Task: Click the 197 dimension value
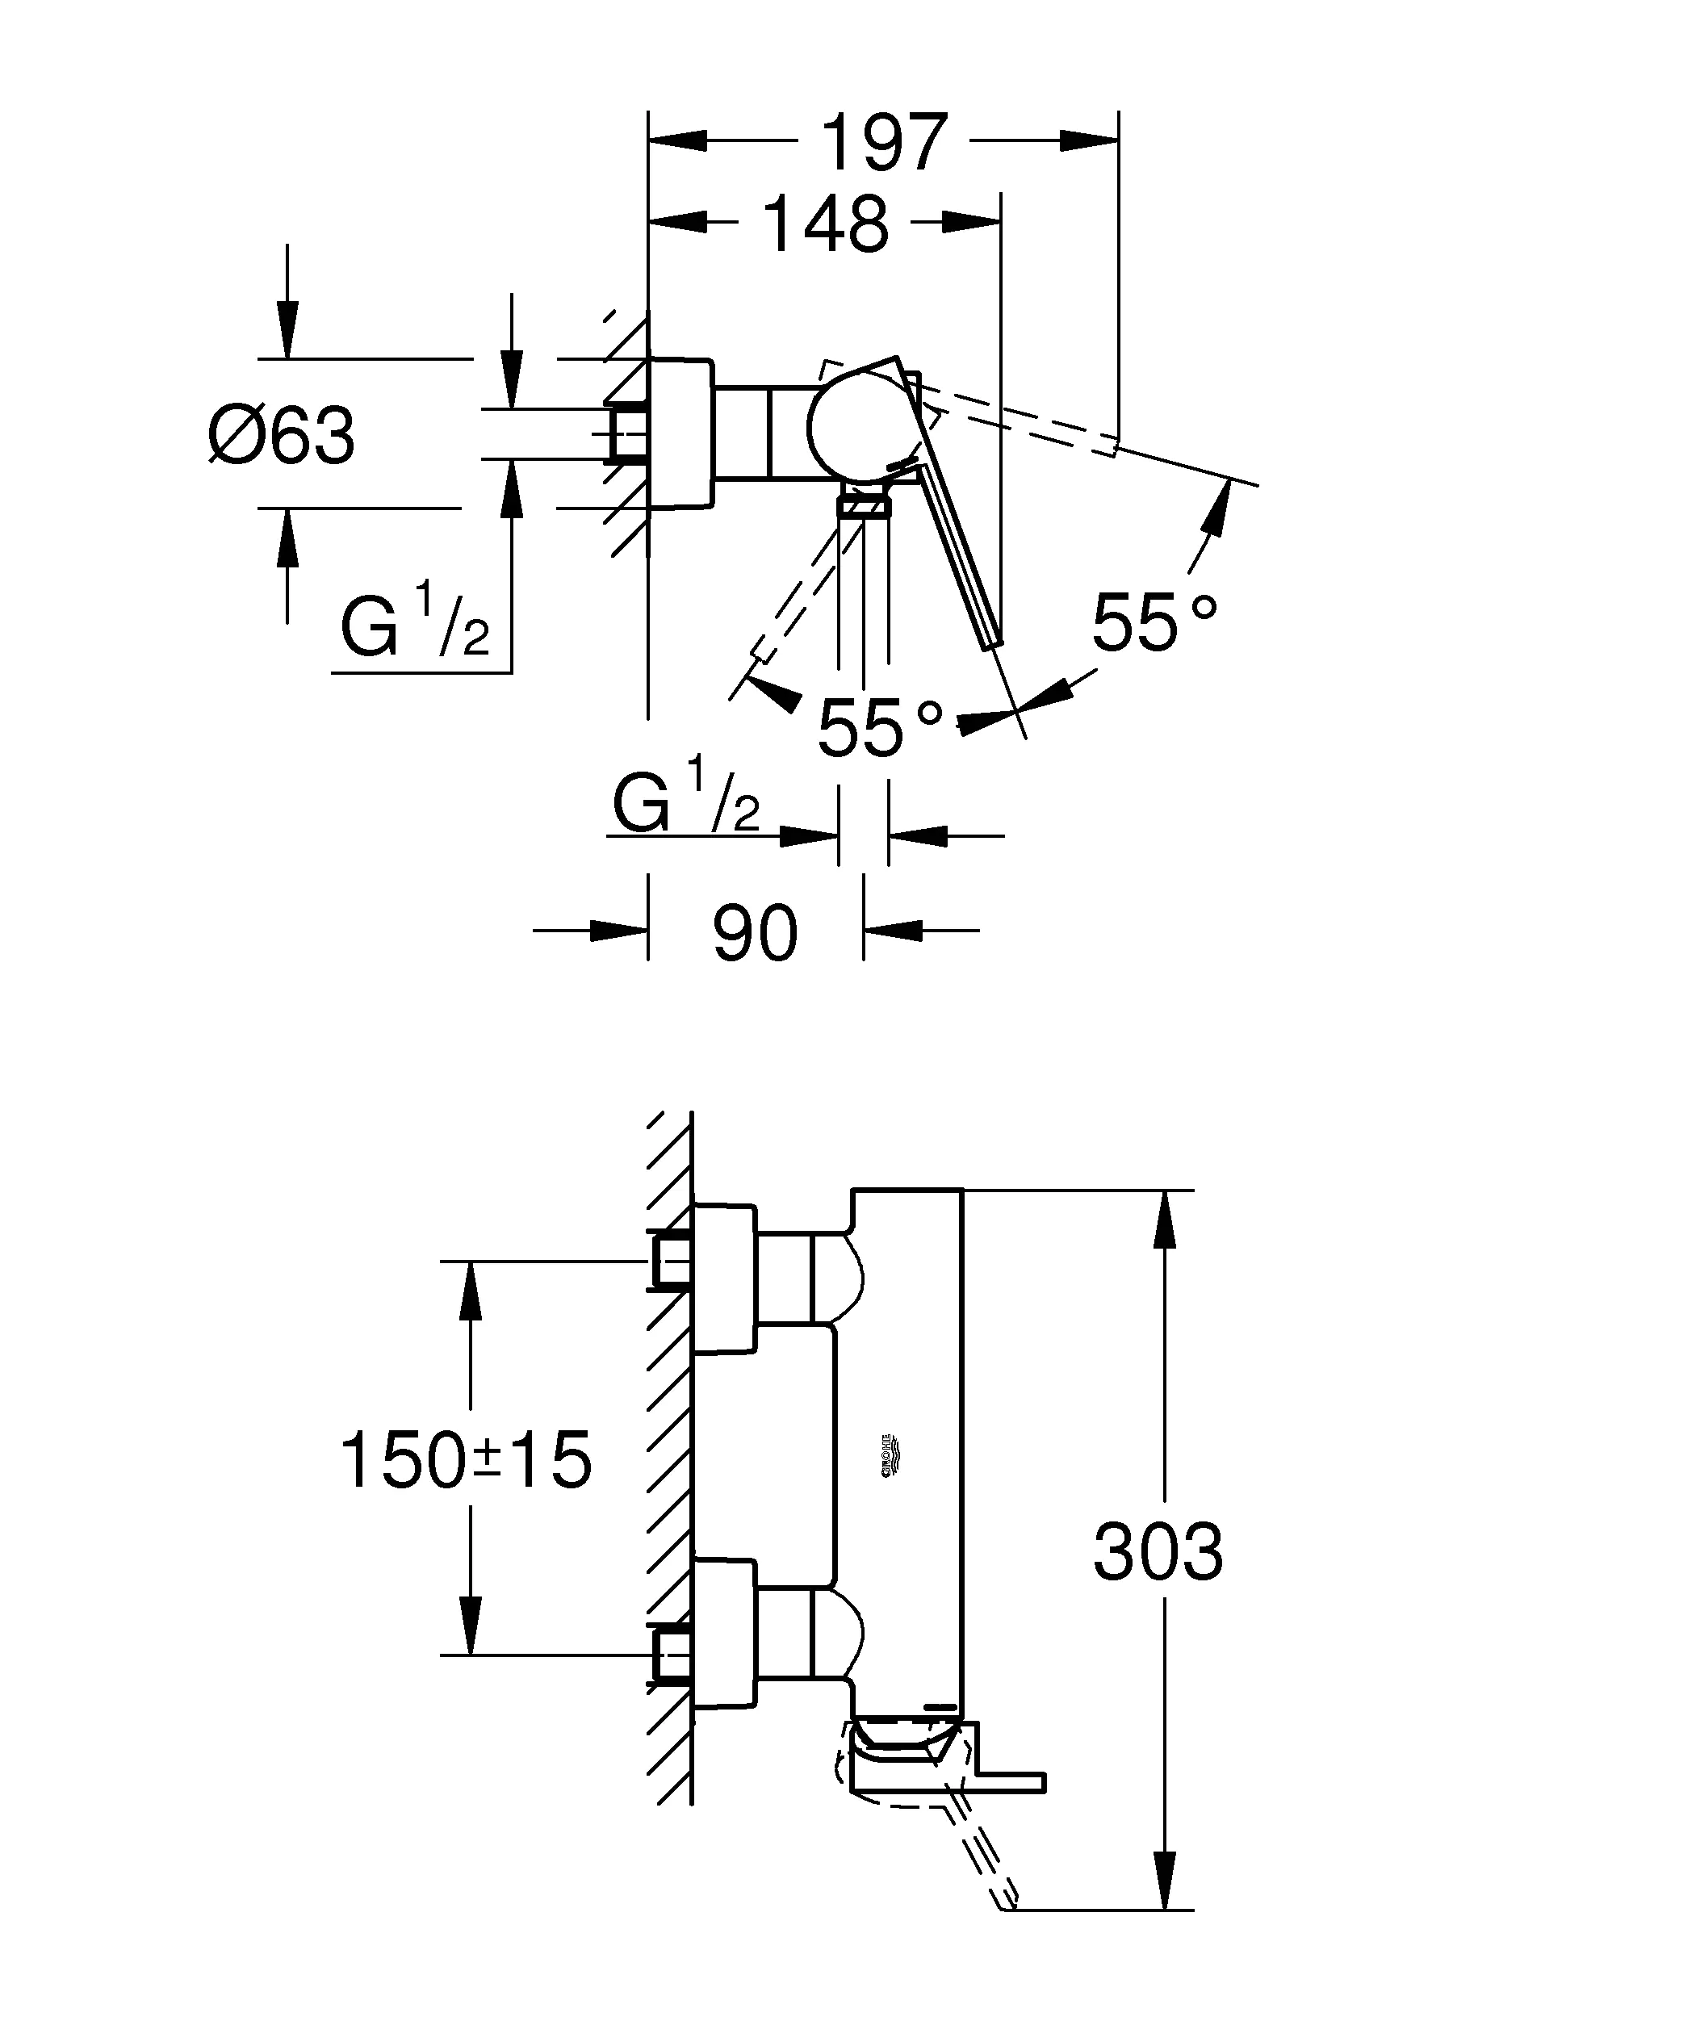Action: coord(883,143)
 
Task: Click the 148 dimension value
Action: coord(826,225)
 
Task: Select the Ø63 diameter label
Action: coord(283,436)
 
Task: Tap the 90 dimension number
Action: coord(755,934)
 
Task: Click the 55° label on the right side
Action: coord(1153,622)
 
